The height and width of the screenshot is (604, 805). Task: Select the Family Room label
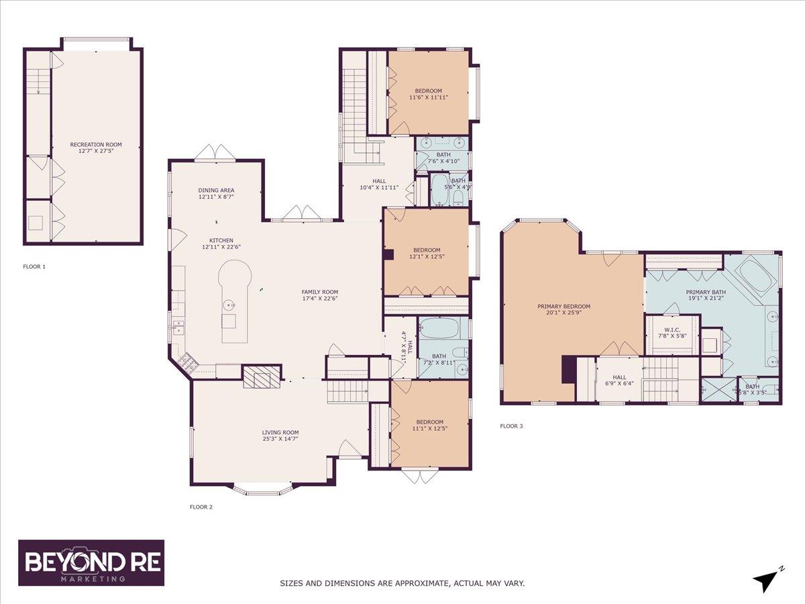[x=319, y=291]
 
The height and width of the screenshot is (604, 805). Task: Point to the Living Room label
[x=280, y=432]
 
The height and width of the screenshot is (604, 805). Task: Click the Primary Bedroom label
[x=563, y=307]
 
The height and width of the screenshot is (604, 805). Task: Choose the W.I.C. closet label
[x=672, y=329]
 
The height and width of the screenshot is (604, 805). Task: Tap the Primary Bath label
[x=705, y=292]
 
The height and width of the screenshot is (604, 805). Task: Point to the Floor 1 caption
[x=34, y=266]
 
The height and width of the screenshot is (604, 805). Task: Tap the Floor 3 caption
[x=511, y=425]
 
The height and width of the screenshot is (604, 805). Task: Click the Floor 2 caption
[x=201, y=507]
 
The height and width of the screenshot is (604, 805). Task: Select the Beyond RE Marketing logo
[x=91, y=563]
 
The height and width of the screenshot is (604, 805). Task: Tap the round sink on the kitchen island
[x=230, y=305]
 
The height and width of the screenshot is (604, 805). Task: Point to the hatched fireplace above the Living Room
[x=260, y=377]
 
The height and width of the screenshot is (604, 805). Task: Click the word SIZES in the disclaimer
[x=294, y=583]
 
